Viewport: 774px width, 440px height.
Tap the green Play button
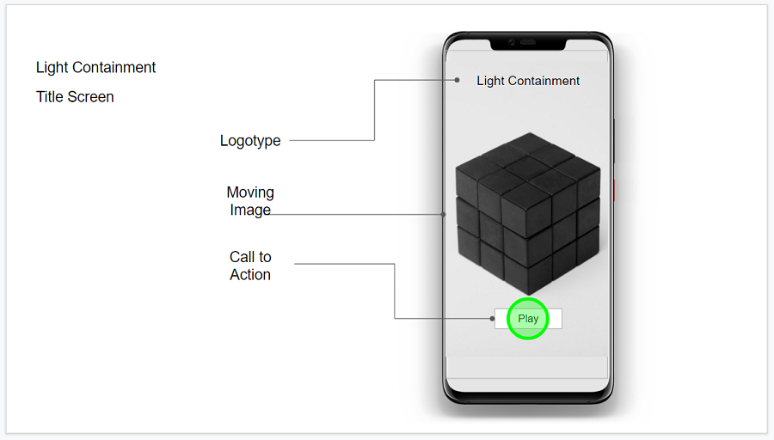[x=528, y=319]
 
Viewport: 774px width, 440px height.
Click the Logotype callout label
[x=250, y=141]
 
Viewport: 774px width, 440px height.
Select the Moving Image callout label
[x=250, y=201]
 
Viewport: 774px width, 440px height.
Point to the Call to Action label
[x=250, y=266]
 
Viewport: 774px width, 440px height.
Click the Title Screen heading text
[x=75, y=97]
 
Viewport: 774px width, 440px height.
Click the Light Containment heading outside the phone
[x=95, y=67]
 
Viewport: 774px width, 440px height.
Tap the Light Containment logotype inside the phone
[x=528, y=81]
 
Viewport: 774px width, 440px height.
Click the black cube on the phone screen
[x=528, y=214]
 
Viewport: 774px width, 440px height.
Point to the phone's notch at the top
[x=528, y=45]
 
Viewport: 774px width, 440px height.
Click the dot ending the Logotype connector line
[x=458, y=80]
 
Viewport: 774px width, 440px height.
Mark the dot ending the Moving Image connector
[x=443, y=214]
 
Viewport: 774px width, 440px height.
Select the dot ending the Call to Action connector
[x=492, y=319]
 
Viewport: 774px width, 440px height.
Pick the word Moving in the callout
[x=250, y=192]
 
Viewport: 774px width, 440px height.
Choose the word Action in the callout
[x=250, y=274]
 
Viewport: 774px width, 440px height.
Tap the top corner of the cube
[x=530, y=132]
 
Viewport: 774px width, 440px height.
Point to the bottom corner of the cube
[x=529, y=295]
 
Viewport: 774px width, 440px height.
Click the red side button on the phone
[x=615, y=190]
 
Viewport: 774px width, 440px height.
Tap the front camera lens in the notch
[x=512, y=42]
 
